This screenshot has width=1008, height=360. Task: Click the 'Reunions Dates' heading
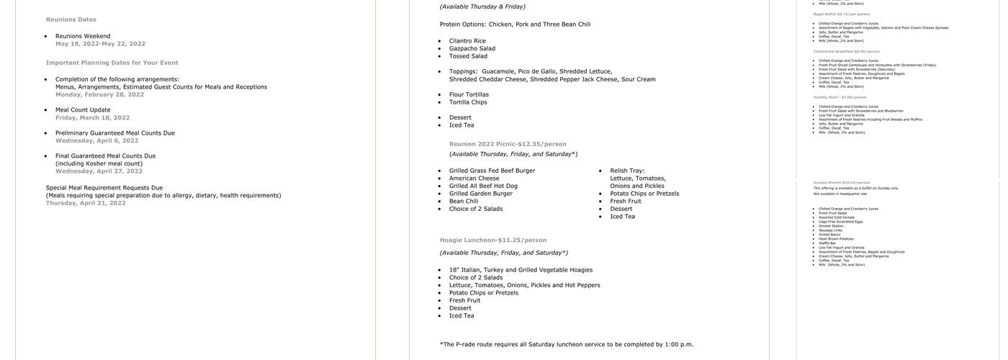[x=71, y=19]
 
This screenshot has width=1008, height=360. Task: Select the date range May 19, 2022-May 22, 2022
[x=100, y=44]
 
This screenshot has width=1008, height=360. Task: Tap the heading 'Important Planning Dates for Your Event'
[x=112, y=63]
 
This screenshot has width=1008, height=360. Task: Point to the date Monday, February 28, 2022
[x=99, y=94]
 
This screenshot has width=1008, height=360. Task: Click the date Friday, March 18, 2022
[x=92, y=117]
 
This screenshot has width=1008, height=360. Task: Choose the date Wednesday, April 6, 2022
[x=96, y=140]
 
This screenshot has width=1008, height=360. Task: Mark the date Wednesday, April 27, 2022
[x=99, y=171]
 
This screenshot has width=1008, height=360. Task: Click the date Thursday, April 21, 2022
[x=86, y=203]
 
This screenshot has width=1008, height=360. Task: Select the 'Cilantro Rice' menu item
[x=467, y=41]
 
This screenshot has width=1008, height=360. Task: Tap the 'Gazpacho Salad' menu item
[x=472, y=48]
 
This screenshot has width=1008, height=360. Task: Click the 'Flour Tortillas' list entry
[x=469, y=94]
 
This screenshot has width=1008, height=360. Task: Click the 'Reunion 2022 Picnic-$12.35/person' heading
[x=508, y=144]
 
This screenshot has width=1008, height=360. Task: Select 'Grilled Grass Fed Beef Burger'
[x=492, y=171]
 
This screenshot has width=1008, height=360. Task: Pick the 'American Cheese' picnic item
[x=474, y=179]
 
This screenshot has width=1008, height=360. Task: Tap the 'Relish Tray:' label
[x=627, y=171]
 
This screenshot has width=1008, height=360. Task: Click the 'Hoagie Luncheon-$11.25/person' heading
[x=492, y=240]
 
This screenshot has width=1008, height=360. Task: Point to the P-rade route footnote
[x=567, y=344]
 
